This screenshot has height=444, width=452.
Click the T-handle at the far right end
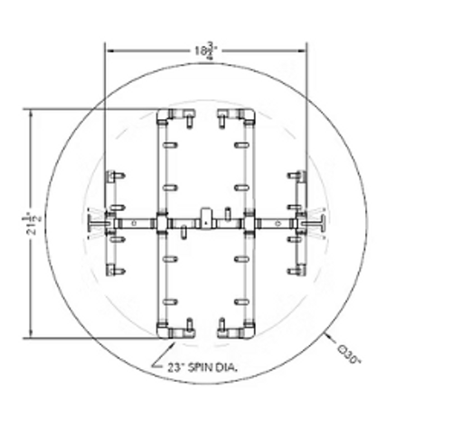[x=319, y=221]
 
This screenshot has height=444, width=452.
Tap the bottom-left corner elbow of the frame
[x=164, y=330]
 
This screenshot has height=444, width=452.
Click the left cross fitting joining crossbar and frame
[x=162, y=221]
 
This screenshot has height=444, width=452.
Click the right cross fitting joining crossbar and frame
[x=249, y=221]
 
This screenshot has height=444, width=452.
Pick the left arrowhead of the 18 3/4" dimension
[x=109, y=50]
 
